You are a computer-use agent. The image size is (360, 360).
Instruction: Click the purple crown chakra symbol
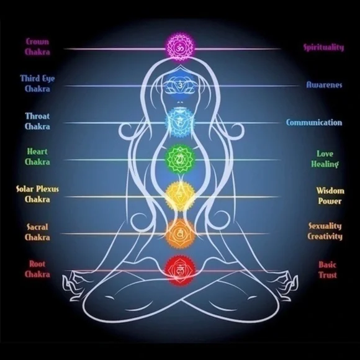point(180,48)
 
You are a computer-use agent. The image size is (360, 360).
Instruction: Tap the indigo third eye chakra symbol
point(180,86)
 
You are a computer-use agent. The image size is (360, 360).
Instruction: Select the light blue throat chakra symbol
point(180,123)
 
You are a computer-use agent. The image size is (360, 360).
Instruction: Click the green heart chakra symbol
point(180,159)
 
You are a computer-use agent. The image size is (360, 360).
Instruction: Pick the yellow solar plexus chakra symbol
point(180,196)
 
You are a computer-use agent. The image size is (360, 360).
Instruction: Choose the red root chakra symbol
point(180,271)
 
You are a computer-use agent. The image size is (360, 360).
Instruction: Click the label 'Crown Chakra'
point(37,47)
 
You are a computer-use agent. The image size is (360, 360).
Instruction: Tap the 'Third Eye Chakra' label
point(37,84)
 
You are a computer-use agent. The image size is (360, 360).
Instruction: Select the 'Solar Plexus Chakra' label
point(37,194)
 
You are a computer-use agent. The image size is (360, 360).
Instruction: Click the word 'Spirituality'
point(324,48)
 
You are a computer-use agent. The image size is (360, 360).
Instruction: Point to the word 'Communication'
point(314,122)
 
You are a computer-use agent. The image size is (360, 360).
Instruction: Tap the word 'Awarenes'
point(324,84)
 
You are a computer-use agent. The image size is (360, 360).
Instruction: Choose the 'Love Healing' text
point(325,159)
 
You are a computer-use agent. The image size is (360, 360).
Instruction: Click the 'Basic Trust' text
point(327,270)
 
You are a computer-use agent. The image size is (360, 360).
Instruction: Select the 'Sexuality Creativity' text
point(325,232)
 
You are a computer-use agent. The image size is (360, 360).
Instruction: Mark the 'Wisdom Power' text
point(330,196)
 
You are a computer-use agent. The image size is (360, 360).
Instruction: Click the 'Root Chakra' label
point(37,269)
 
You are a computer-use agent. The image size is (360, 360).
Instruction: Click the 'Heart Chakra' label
point(37,157)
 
